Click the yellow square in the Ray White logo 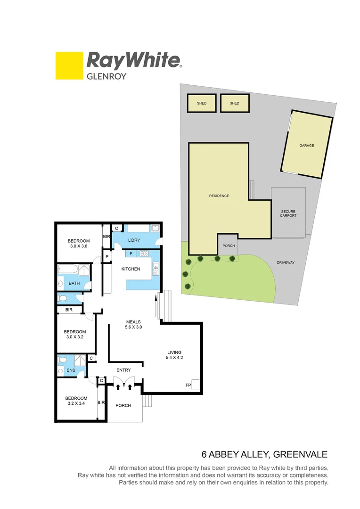[69, 66]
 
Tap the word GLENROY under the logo [106, 75]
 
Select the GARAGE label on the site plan [306, 146]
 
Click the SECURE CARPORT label [288, 213]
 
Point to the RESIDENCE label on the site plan [219, 196]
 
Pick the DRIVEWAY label [286, 263]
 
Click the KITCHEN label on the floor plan [131, 269]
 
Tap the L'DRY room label [134, 240]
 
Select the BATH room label [74, 283]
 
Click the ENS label [71, 370]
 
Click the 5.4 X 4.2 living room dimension [174, 358]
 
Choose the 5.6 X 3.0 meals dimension [133, 327]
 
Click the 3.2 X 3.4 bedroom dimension [76, 404]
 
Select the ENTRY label [124, 370]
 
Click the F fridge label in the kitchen [131, 254]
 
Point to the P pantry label [107, 257]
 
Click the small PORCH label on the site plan [229, 246]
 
